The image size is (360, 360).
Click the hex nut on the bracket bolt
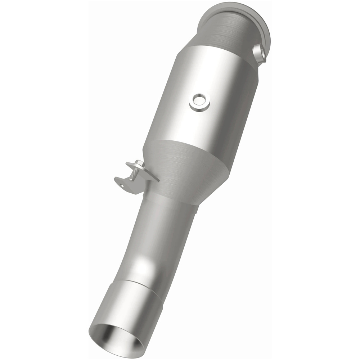(140, 165)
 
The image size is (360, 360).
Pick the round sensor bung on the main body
(200, 102)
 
